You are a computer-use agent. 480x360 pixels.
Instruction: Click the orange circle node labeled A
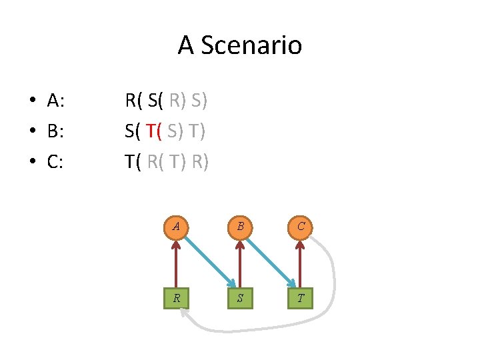tap(176, 227)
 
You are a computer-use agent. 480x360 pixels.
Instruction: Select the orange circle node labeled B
tap(239, 227)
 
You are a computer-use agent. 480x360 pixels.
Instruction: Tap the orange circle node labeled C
tap(301, 227)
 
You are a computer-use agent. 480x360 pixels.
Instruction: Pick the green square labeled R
tap(176, 297)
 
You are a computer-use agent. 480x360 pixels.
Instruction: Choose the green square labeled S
tap(239, 297)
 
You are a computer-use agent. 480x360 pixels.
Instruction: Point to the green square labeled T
tap(301, 297)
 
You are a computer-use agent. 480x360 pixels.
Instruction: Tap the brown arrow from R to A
tap(176, 263)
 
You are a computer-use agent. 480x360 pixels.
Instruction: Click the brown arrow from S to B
tap(239, 263)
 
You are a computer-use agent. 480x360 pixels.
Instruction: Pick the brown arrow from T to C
tap(301, 263)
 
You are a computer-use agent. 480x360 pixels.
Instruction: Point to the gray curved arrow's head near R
tap(186, 318)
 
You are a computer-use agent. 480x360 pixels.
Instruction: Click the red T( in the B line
tap(154, 131)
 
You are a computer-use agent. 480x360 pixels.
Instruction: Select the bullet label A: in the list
tap(56, 101)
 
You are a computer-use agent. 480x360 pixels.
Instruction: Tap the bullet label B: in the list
tap(56, 131)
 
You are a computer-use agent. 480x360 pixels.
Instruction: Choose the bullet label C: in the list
tap(56, 162)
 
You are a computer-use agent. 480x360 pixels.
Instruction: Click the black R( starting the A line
tap(134, 101)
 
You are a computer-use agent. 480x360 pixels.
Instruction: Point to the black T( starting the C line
tap(133, 162)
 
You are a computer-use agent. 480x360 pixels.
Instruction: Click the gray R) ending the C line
tap(199, 162)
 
